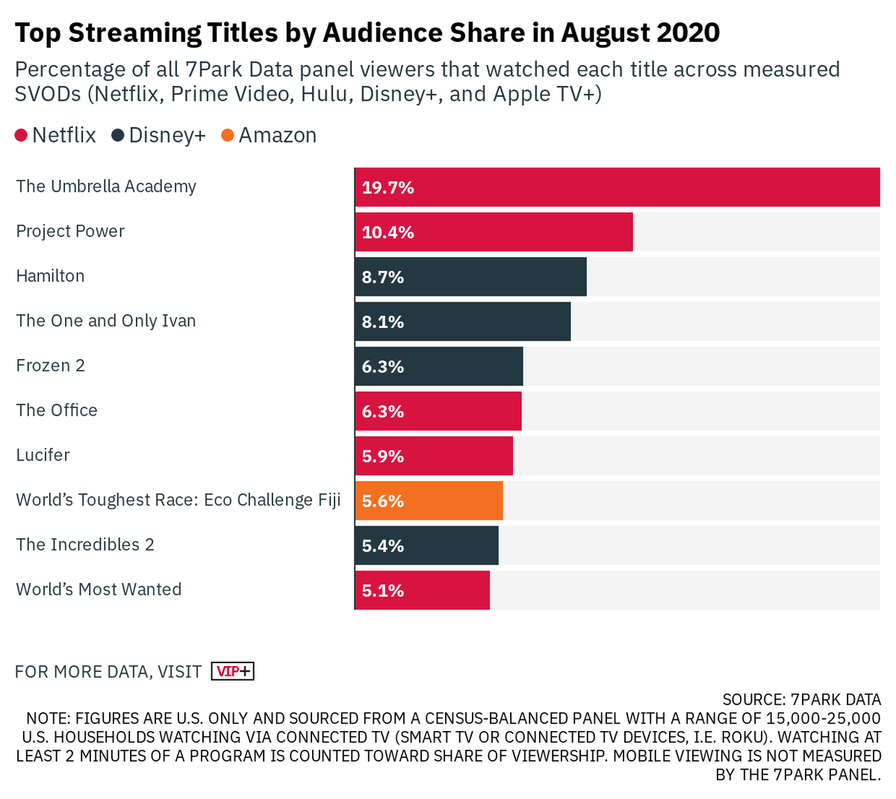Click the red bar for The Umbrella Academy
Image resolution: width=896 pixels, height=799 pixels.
click(617, 187)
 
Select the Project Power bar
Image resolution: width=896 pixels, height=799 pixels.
click(494, 232)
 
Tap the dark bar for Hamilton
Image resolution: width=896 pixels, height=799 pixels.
click(470, 277)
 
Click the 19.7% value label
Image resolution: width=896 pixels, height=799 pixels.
click(388, 187)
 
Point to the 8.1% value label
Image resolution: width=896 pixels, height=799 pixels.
click(382, 322)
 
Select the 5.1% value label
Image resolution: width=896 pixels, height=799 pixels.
click(382, 591)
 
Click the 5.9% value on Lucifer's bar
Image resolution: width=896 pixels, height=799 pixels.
click(382, 456)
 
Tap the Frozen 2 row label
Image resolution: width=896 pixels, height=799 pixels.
click(50, 366)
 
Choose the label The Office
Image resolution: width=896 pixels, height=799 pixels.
click(57, 411)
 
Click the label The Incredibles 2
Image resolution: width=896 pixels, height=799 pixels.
click(85, 545)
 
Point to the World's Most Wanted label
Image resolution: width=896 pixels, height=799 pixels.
click(99, 590)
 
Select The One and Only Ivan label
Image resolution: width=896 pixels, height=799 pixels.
click(106, 321)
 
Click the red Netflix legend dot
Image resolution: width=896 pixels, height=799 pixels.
click(21, 136)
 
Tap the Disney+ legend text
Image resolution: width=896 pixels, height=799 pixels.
click(167, 136)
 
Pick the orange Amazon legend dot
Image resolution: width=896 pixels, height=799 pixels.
click(228, 136)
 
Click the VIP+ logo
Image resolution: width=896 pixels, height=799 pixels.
click(233, 671)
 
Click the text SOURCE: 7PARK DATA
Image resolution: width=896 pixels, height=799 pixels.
click(801, 700)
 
